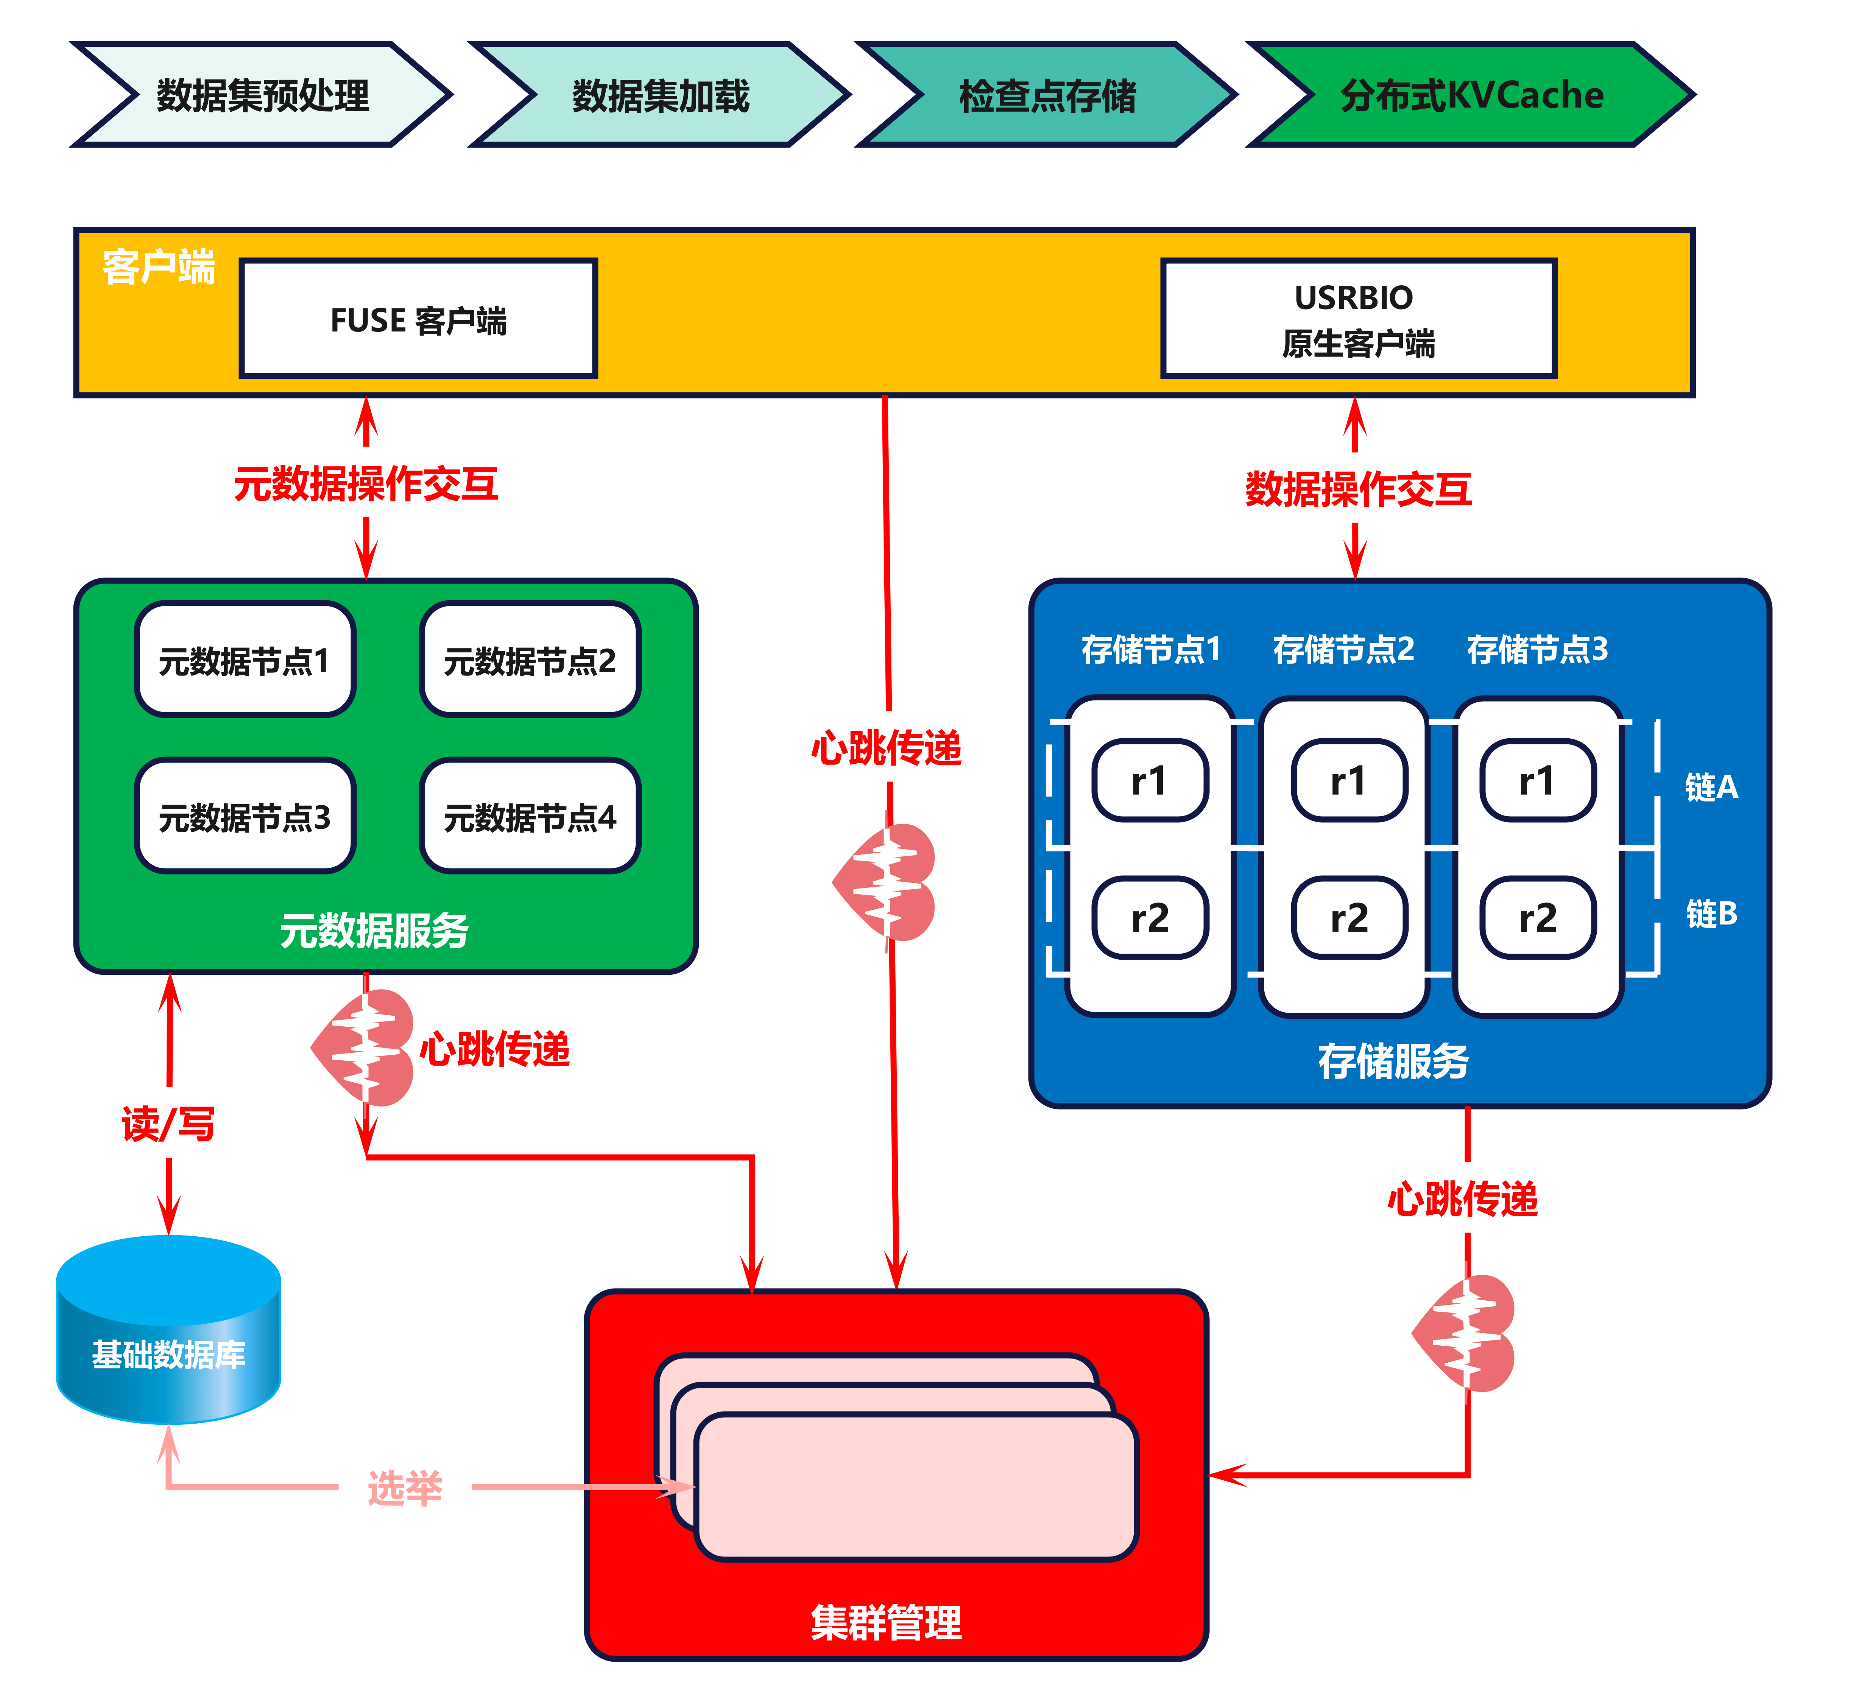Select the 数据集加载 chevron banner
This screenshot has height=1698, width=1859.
point(660,95)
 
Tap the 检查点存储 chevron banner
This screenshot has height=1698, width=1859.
point(1047,95)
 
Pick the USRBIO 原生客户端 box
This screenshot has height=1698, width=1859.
point(1358,319)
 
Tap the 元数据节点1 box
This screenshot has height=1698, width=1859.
point(245,660)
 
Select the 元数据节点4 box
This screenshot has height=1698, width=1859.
point(530,817)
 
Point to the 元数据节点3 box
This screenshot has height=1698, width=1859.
point(245,817)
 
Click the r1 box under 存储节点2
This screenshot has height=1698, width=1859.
point(1349,781)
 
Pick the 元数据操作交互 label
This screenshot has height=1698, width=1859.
point(366,484)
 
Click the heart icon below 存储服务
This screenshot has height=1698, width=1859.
point(1466,1334)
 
